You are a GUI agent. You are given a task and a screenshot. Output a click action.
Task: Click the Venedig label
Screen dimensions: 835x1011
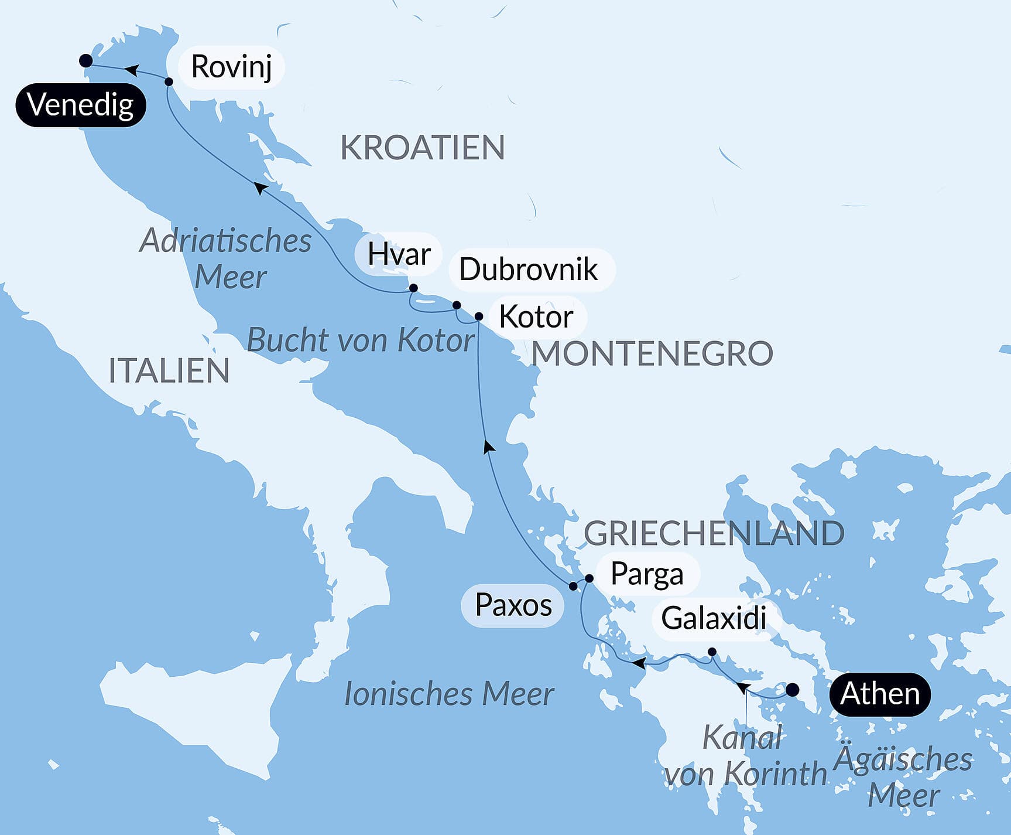[x=80, y=105]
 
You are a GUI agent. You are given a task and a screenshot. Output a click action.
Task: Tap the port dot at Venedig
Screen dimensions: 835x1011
[x=85, y=60]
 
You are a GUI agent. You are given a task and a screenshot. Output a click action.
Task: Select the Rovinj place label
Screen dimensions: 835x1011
[x=231, y=66]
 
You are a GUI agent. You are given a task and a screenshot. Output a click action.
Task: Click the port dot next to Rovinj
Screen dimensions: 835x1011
[x=169, y=81]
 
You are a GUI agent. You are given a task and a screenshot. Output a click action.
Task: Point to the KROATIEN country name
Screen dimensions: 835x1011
[x=422, y=148]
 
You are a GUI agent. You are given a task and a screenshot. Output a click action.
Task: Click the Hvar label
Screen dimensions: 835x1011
[x=399, y=254]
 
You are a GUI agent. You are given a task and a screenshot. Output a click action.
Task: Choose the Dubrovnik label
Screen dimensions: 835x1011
[x=529, y=270]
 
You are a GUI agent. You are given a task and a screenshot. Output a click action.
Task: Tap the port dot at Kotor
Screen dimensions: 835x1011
[x=478, y=316]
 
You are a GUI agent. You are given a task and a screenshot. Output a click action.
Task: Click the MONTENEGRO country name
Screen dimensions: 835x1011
[x=652, y=354]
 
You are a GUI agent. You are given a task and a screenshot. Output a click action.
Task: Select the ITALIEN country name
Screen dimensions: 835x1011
[x=169, y=371]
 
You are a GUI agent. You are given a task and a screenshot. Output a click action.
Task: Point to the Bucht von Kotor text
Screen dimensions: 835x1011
[x=360, y=340]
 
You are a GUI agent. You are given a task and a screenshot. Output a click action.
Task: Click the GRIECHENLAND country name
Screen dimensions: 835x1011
[x=714, y=533]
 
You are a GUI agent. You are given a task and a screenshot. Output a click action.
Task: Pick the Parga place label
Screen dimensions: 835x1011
[x=646, y=574]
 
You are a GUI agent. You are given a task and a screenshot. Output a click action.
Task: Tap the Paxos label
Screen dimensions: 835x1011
[x=513, y=605]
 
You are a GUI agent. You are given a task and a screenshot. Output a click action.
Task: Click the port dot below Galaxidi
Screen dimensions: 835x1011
[x=712, y=652]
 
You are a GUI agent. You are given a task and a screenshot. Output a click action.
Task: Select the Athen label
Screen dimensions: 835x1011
[x=879, y=694]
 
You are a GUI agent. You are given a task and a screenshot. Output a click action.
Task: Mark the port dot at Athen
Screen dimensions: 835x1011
[x=791, y=690]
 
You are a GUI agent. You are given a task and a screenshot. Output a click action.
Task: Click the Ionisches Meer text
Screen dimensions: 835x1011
[x=448, y=694]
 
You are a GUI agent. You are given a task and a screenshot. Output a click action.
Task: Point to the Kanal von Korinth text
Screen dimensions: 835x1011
[x=745, y=756]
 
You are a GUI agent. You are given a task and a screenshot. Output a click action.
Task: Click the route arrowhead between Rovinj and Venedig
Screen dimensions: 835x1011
[x=132, y=70]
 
